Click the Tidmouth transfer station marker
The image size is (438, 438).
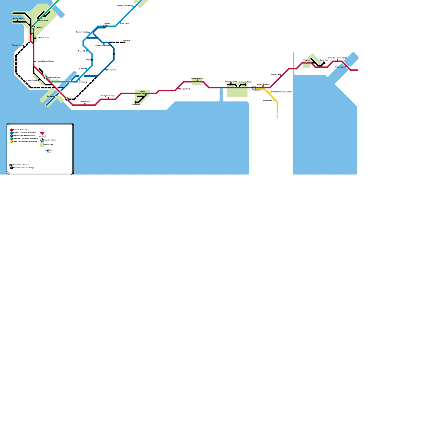click(34, 28)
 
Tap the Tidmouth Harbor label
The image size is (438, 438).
click(18, 18)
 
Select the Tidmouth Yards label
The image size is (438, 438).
click(42, 21)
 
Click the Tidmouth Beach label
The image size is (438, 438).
click(17, 45)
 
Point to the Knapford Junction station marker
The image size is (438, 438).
click(45, 77)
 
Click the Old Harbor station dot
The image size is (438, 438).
click(56, 96)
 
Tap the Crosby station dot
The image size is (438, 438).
click(142, 93)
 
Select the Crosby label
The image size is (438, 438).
click(143, 91)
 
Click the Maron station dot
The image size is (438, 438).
click(307, 63)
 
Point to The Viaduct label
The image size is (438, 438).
click(339, 67)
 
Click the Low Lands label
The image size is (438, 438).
click(125, 23)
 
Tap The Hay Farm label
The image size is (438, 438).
click(112, 70)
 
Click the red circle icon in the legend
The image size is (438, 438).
click(11, 130)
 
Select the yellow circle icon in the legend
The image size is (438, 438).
click(11, 142)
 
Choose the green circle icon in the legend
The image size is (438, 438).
click(11, 139)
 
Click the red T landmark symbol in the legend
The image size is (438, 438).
click(42, 133)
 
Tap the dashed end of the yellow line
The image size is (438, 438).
click(277, 116)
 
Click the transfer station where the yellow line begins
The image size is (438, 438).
click(254, 88)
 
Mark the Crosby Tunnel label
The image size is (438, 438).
click(85, 102)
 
